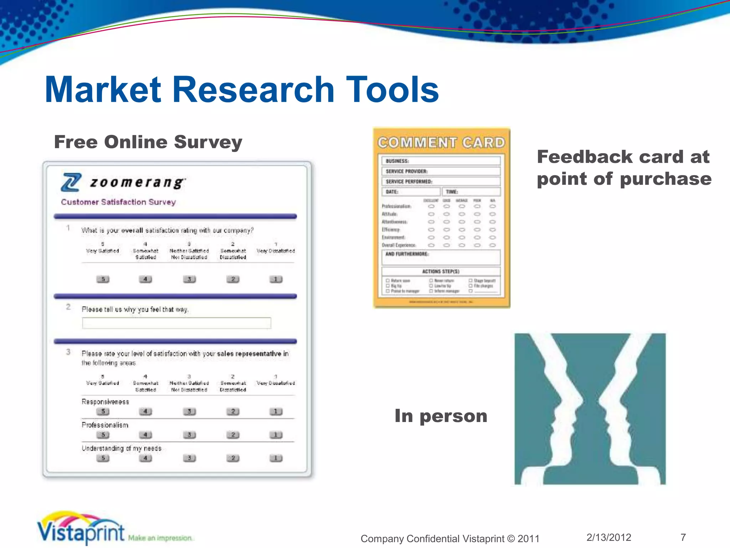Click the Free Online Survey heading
(x=148, y=142)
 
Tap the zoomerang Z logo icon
(x=71, y=182)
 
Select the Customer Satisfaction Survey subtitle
(x=118, y=202)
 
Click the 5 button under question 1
(x=103, y=279)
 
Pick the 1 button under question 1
(x=276, y=279)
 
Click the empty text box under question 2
(x=176, y=323)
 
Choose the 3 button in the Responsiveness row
(x=189, y=411)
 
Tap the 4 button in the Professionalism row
(x=145, y=435)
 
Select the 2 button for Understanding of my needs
(x=233, y=458)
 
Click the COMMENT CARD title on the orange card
(x=441, y=143)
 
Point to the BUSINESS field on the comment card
(x=441, y=161)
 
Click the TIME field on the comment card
(x=471, y=192)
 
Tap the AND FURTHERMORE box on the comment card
(x=441, y=257)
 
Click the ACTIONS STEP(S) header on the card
(x=441, y=272)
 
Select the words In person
(x=441, y=416)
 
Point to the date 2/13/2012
(x=609, y=537)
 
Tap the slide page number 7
(x=683, y=537)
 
